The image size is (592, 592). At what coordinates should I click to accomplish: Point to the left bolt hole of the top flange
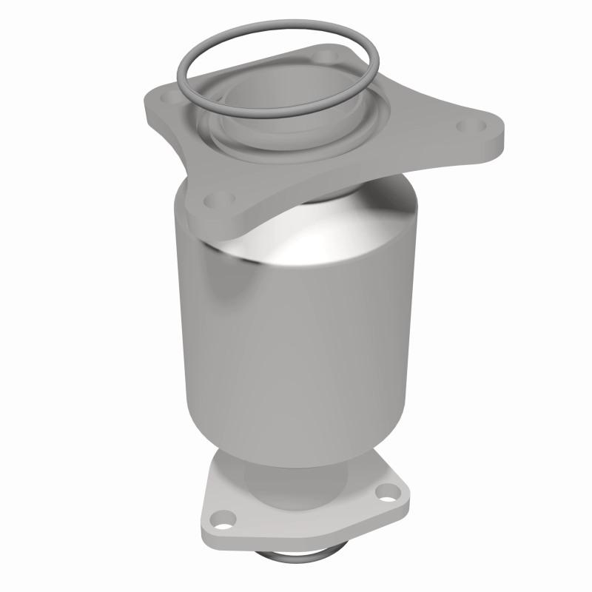point(169,96)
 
